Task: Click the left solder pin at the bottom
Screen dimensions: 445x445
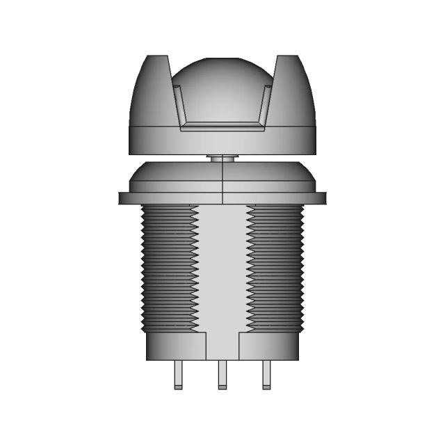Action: pyautogui.click(x=178, y=375)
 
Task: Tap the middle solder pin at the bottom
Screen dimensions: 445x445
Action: pyautogui.click(x=222, y=375)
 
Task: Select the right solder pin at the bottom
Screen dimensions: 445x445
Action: pyautogui.click(x=266, y=375)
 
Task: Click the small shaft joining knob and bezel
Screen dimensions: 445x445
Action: pyautogui.click(x=222, y=159)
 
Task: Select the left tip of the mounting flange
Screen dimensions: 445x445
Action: pyautogui.click(x=122, y=198)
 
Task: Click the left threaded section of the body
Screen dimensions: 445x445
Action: pyautogui.click(x=169, y=268)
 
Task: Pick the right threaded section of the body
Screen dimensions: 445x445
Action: pyautogui.click(x=276, y=268)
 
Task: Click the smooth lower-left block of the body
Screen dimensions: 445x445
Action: pyautogui.click(x=177, y=346)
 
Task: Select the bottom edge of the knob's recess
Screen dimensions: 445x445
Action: pyautogui.click(x=222, y=127)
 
